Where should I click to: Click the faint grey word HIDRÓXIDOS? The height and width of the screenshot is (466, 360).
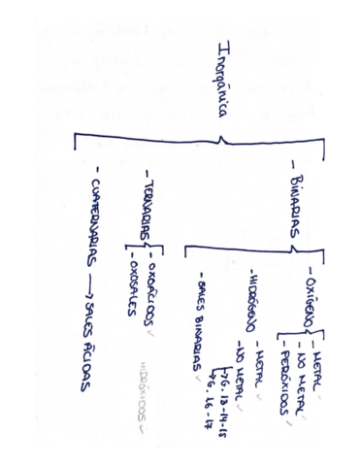[142, 391]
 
